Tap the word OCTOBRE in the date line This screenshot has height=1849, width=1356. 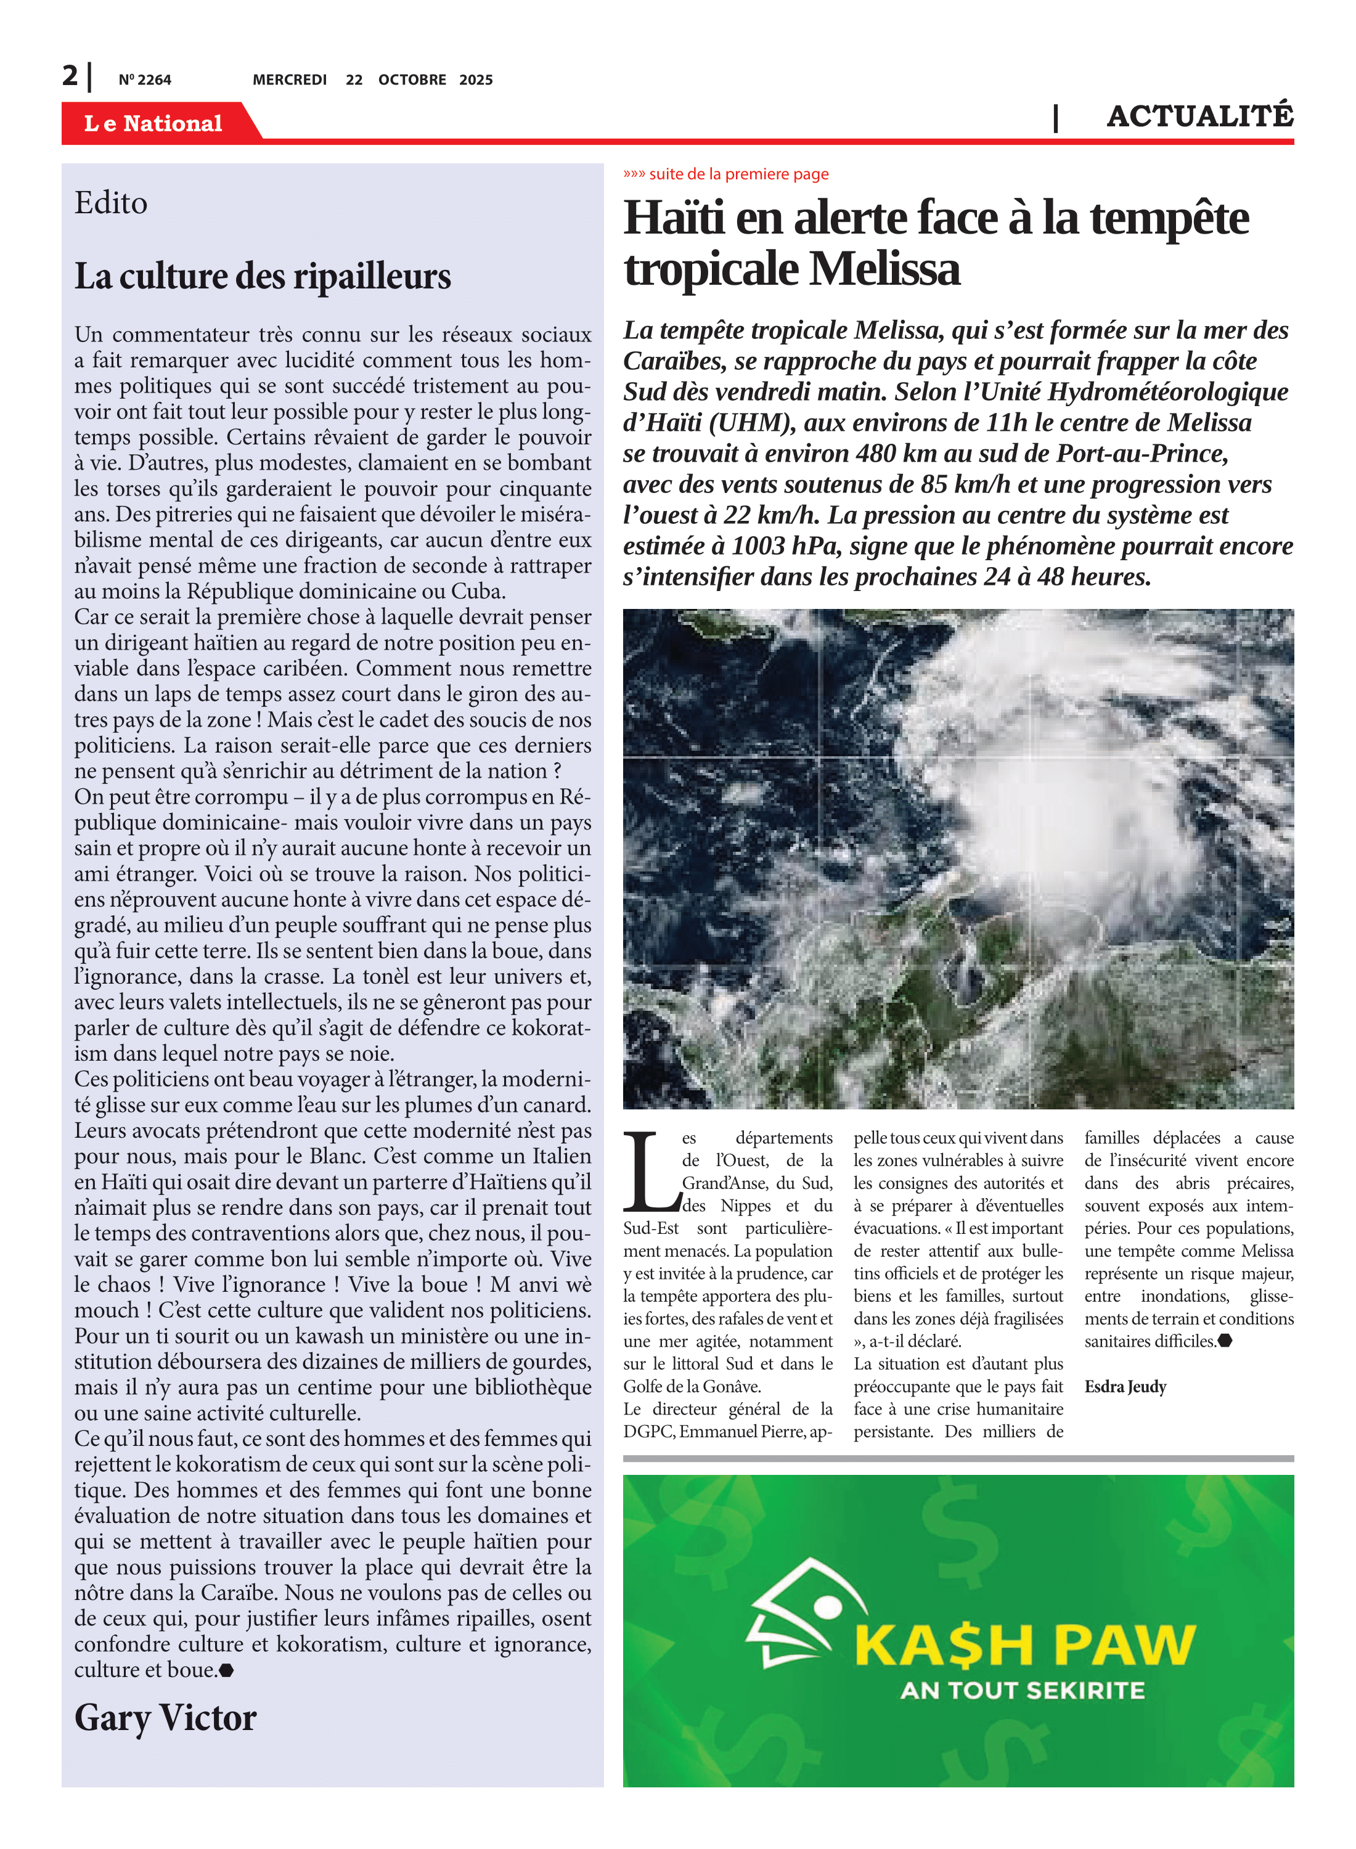[x=412, y=80]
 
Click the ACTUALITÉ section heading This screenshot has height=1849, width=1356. [x=1199, y=116]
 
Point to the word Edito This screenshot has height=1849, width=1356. [x=111, y=203]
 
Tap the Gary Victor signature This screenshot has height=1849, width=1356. [x=165, y=1718]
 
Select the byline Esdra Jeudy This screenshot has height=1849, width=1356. [x=1124, y=1387]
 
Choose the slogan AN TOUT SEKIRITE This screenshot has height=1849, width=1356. [x=1022, y=1691]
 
